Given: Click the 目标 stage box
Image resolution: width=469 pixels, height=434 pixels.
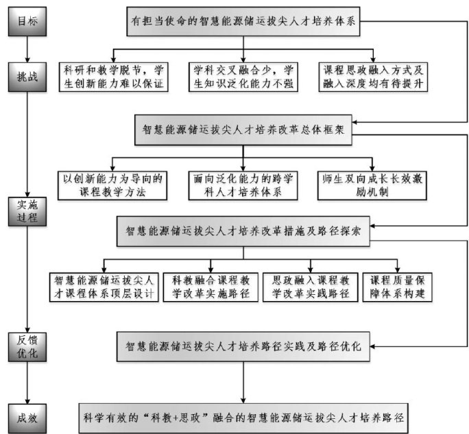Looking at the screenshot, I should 26,21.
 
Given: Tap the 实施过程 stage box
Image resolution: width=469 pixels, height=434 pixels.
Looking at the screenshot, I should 26,210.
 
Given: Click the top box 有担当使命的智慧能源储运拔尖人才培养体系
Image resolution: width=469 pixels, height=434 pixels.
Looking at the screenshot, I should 244,21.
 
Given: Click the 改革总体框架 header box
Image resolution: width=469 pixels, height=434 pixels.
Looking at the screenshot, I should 244,129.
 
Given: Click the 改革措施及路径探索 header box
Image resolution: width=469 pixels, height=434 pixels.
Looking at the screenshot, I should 244,232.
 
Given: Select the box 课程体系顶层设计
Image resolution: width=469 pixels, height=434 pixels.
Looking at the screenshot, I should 104,288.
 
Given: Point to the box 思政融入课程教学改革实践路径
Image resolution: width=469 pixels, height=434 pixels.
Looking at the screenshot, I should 311,288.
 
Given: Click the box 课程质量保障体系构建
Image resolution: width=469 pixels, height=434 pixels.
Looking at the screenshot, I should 399,288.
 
